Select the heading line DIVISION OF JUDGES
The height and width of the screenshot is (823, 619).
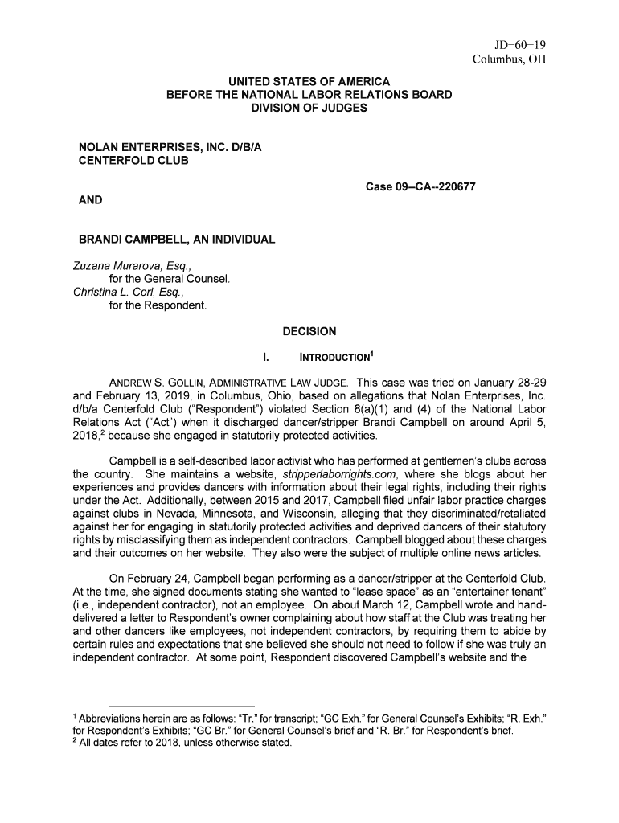point(309,107)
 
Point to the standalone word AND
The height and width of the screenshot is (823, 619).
point(90,199)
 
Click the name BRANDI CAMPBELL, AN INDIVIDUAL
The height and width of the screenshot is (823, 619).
point(176,240)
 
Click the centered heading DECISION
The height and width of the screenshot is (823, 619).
point(309,331)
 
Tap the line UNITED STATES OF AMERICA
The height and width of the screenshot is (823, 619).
point(309,82)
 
